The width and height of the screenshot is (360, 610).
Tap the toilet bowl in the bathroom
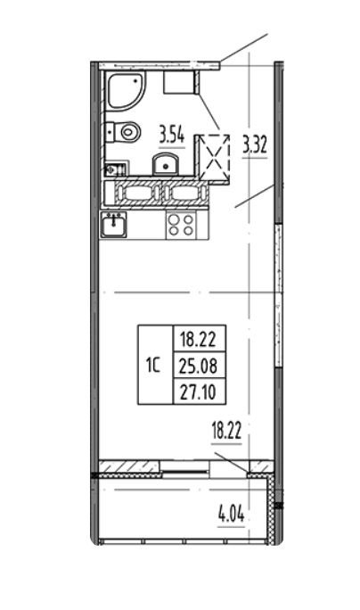point(126,133)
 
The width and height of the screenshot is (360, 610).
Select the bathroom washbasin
point(167,163)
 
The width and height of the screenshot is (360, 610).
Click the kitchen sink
point(113,226)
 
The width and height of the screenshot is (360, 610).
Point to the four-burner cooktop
point(181,225)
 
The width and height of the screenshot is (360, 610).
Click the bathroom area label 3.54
point(172,136)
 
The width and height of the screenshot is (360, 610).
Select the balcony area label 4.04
point(231,514)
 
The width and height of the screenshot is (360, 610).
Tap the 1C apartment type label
point(154,365)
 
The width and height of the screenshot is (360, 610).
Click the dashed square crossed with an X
point(212,157)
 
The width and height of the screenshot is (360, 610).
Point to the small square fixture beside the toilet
point(113,168)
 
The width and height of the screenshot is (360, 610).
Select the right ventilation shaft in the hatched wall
point(183,193)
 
